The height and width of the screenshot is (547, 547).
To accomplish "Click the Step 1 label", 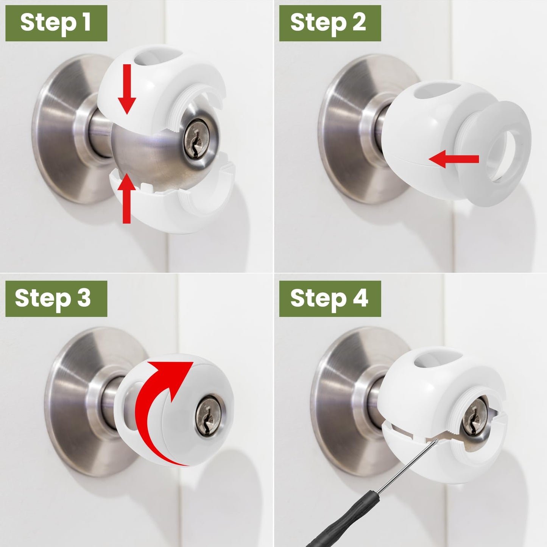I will coord(56,23).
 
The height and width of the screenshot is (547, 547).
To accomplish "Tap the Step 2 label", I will coord(330,23).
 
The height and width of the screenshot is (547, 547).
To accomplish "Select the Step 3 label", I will coord(56,298).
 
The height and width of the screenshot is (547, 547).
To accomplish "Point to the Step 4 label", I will coord(330,298).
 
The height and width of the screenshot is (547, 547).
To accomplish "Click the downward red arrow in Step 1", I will coord(126,89).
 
